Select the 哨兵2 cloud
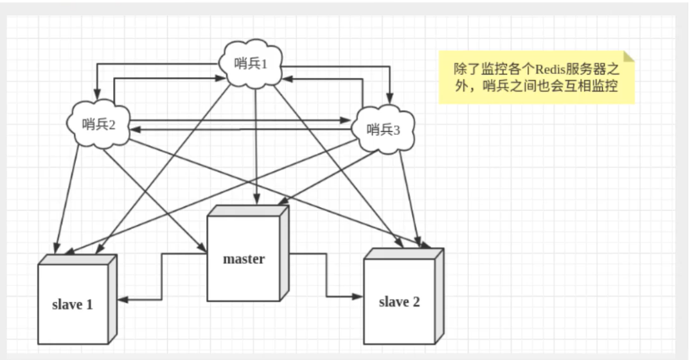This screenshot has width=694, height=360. click(98, 123)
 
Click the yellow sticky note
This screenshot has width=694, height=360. click(537, 77)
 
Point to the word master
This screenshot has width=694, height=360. click(244, 260)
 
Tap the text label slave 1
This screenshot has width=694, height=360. click(72, 304)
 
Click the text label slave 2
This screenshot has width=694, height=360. click(399, 301)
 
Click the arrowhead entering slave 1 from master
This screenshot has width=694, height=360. click(122, 300)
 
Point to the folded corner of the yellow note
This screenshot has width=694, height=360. click(628, 57)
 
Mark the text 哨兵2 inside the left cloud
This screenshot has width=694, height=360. click(98, 124)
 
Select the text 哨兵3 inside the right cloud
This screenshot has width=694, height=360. click(384, 129)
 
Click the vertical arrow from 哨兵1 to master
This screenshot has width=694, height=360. click(256, 148)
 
